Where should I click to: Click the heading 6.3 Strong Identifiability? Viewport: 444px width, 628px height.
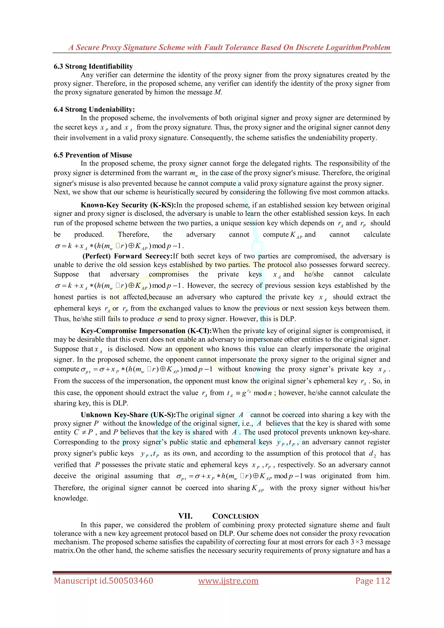(93, 67)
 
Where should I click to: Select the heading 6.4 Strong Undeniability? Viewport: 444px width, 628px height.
(94, 109)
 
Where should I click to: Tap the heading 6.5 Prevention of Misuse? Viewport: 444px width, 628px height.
(93, 155)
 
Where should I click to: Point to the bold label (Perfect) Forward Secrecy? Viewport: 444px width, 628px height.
(127, 256)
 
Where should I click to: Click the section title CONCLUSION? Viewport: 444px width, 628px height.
(235, 516)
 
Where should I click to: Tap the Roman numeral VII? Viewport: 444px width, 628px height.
(185, 516)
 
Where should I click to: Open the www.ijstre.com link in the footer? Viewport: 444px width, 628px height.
(228, 581)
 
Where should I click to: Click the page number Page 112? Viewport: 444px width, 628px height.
(373, 581)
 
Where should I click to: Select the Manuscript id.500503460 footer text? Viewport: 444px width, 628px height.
(103, 581)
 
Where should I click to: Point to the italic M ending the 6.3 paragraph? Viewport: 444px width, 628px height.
(217, 92)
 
